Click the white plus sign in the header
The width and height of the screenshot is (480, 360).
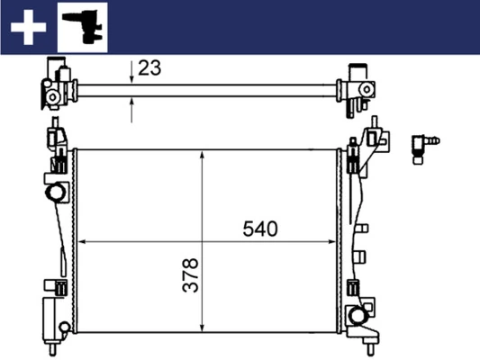tap(29, 28)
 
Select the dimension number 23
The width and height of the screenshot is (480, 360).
tap(150, 68)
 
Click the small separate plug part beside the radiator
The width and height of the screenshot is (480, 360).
tap(423, 145)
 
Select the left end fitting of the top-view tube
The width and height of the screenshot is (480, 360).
tap(59, 87)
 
